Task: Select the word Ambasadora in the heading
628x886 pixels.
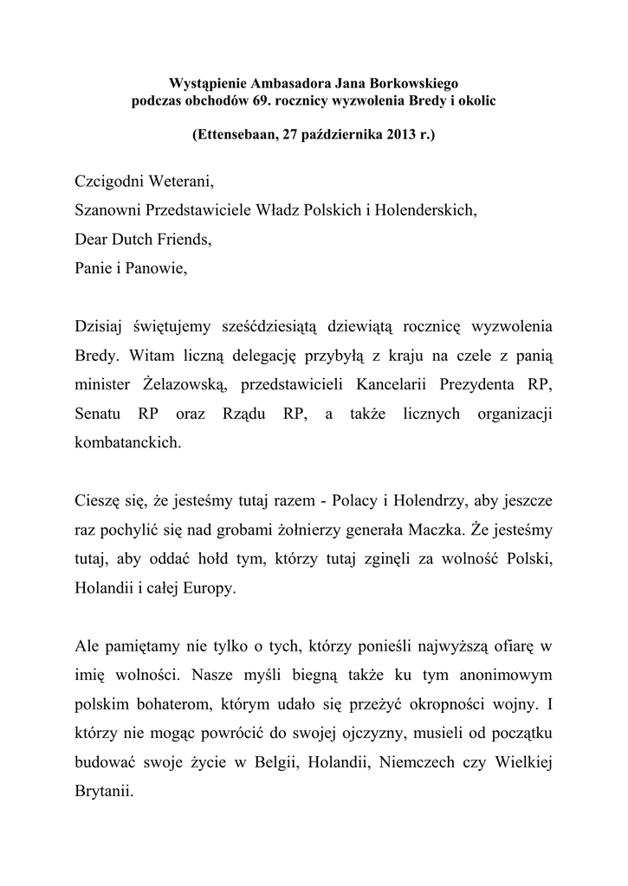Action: (x=283, y=83)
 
